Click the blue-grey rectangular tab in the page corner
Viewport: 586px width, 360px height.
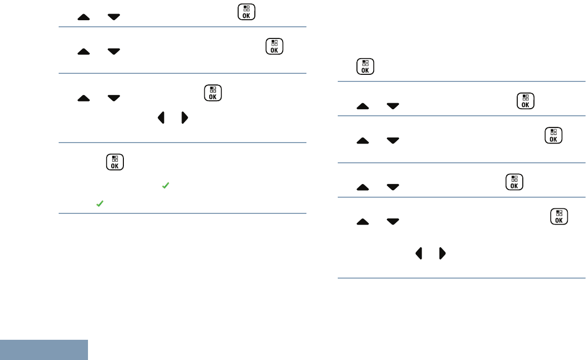pyautogui.click(x=44, y=350)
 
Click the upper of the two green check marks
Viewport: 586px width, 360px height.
pyautogui.click(x=165, y=187)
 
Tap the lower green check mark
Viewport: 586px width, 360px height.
pyautogui.click(x=100, y=203)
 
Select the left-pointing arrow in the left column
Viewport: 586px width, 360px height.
pyautogui.click(x=161, y=118)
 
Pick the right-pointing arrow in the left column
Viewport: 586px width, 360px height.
pyautogui.click(x=185, y=118)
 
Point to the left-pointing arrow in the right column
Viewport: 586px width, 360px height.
pyautogui.click(x=419, y=253)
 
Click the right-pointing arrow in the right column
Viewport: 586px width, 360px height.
pyautogui.click(x=442, y=253)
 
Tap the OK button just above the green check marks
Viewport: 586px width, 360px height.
pyautogui.click(x=115, y=162)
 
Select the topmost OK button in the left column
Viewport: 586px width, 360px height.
pyautogui.click(x=246, y=12)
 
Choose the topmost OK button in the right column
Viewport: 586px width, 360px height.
pyautogui.click(x=365, y=67)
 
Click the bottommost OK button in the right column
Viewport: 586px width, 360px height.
pyautogui.click(x=559, y=216)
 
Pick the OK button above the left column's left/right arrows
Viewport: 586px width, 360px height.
pyautogui.click(x=213, y=94)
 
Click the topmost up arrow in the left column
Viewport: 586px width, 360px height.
pyautogui.click(x=84, y=17)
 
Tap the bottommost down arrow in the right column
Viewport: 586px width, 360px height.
pyautogui.click(x=392, y=221)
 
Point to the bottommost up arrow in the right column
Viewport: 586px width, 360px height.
pyautogui.click(x=363, y=221)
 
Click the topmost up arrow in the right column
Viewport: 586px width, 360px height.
pyautogui.click(x=363, y=106)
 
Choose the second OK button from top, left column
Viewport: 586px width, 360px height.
pyautogui.click(x=274, y=47)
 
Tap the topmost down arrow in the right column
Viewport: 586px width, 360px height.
pyautogui.click(x=392, y=106)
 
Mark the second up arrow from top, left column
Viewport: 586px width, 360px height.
pyautogui.click(x=84, y=52)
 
